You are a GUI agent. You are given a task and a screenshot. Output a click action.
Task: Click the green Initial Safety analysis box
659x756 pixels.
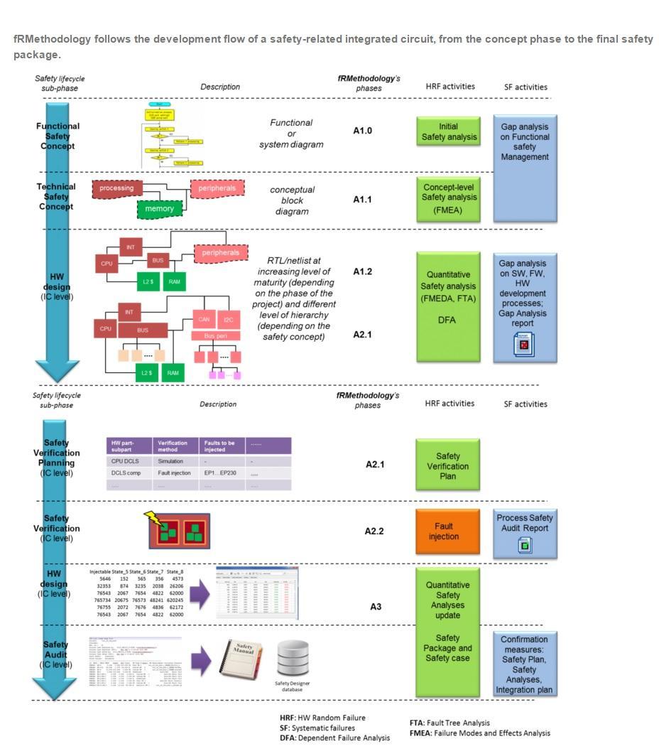point(448,131)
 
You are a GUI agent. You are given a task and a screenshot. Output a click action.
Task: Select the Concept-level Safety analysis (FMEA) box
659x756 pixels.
point(448,200)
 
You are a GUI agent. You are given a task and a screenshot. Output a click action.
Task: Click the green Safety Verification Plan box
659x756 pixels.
point(447,466)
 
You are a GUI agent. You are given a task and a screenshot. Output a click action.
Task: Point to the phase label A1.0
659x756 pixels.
point(362,131)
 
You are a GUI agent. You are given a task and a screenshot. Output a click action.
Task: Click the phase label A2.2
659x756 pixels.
point(374,531)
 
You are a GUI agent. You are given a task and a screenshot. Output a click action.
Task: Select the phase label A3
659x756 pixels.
point(376,606)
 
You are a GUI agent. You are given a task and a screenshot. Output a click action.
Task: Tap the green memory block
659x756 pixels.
point(159,209)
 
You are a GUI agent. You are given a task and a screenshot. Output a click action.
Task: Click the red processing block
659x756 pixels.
point(117,188)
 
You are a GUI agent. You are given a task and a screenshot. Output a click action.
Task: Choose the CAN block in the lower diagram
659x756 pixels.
point(203,320)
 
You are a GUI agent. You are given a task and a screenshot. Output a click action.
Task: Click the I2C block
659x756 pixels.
point(228,320)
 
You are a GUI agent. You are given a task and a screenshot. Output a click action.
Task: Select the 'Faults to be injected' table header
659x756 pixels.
point(222,446)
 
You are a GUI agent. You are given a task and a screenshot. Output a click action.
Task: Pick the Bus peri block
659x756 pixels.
point(216,335)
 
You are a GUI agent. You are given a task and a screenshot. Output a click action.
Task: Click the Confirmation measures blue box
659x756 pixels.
point(525,664)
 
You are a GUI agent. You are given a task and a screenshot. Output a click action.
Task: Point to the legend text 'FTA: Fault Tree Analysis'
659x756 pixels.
point(450,723)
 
